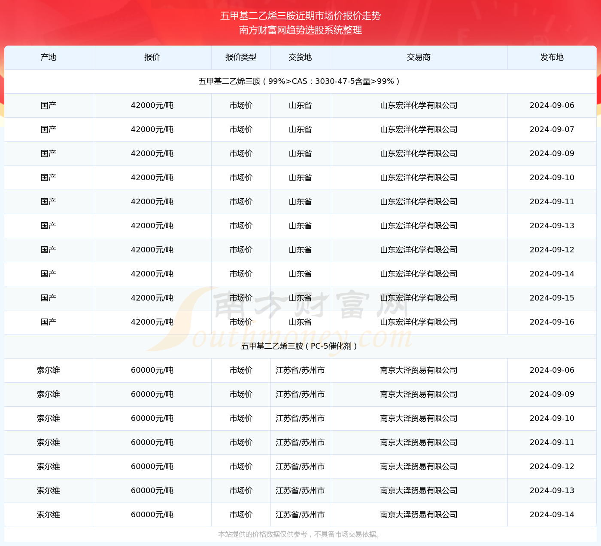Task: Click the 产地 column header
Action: (49, 57)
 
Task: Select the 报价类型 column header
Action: (241, 57)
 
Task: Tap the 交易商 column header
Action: (419, 57)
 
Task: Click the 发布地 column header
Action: (552, 57)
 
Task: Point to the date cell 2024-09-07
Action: (552, 129)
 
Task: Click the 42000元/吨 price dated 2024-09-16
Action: (152, 322)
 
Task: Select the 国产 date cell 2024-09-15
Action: (552, 298)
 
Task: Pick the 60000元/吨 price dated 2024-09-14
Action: (152, 515)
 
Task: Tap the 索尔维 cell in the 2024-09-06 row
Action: (49, 370)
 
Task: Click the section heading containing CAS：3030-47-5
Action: (299, 81)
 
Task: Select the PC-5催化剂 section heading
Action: (299, 346)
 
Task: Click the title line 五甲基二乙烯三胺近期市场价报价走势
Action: (300, 16)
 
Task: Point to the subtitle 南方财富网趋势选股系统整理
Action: (300, 30)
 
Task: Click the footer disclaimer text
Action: (299, 534)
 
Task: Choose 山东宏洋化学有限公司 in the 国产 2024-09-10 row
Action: (419, 178)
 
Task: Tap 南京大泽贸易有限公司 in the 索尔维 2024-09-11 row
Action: (419, 442)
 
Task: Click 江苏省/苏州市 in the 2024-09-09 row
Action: (300, 394)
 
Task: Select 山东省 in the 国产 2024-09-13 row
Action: (300, 226)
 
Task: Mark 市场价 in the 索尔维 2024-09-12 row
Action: (241, 466)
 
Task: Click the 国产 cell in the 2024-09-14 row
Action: (49, 274)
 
